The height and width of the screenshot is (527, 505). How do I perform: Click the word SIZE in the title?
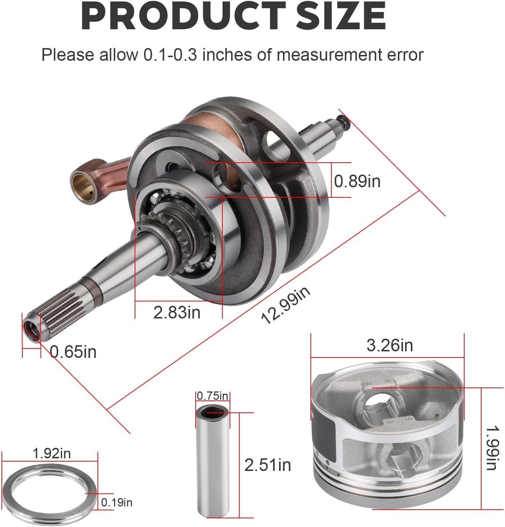[341, 17]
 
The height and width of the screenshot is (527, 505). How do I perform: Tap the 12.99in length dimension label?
[285, 305]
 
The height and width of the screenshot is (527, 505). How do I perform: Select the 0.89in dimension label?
[357, 181]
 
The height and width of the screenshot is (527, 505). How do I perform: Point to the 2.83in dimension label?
[177, 312]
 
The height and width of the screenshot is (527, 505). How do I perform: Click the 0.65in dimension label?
[73, 352]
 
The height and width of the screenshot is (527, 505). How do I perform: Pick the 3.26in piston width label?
[389, 345]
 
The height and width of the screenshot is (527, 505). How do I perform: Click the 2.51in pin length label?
[267, 465]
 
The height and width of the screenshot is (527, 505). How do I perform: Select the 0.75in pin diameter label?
[213, 396]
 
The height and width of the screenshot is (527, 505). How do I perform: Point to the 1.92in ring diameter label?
[52, 453]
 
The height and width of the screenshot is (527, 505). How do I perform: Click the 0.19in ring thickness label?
[117, 502]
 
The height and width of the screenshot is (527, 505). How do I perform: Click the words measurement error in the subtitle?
[350, 55]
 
